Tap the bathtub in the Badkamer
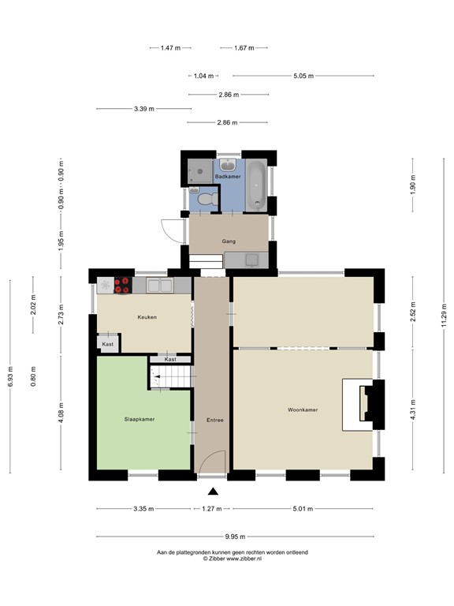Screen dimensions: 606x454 click(x=257, y=185)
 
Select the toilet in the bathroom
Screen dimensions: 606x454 click(x=207, y=200)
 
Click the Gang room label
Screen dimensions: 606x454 click(x=229, y=241)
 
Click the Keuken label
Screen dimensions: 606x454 click(x=147, y=317)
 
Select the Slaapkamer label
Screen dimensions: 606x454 click(x=139, y=419)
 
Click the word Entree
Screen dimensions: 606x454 click(x=214, y=420)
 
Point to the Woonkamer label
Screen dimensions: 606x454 click(x=303, y=410)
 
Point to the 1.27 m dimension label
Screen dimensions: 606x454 click(x=211, y=509)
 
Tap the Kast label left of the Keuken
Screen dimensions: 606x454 click(x=107, y=344)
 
